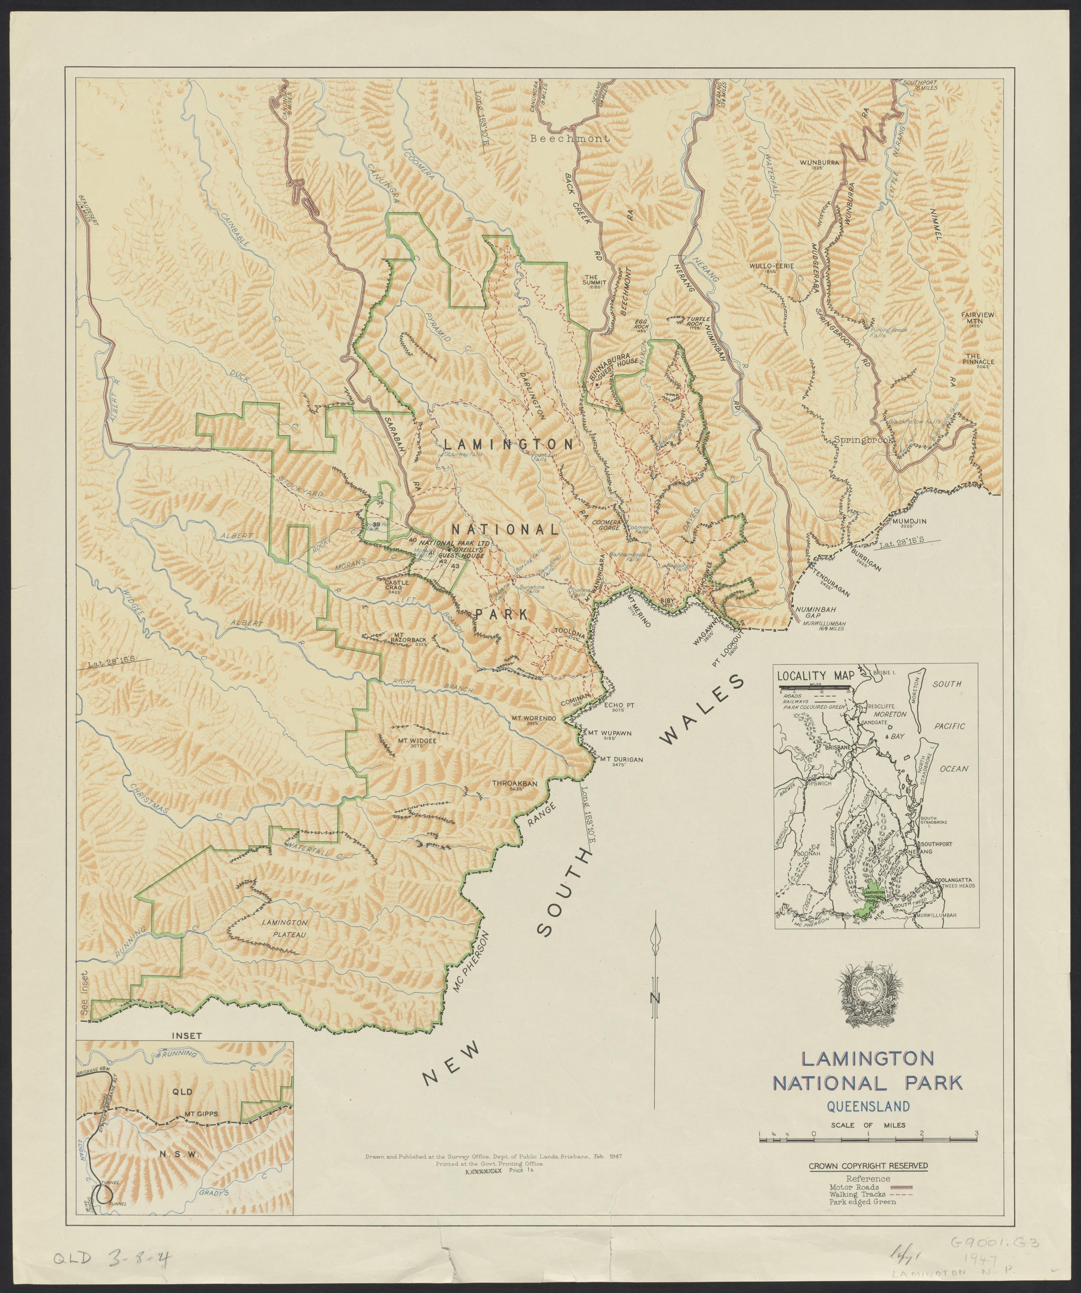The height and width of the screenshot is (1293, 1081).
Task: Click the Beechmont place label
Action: click(x=570, y=139)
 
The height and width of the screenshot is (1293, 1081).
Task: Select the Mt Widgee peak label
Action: click(x=417, y=741)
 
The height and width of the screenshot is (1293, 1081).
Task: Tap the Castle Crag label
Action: click(x=397, y=584)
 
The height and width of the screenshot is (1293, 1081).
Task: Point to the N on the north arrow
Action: click(x=657, y=998)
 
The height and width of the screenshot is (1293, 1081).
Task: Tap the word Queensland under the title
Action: click(x=868, y=1106)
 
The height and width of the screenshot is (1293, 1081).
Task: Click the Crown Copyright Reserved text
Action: click(x=868, y=1166)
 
